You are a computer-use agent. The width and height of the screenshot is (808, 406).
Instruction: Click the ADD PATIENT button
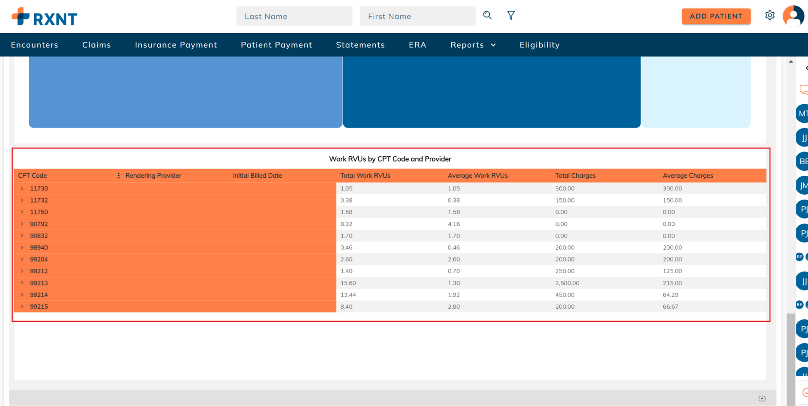(x=716, y=16)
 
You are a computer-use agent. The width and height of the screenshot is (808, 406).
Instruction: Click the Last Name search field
(x=294, y=16)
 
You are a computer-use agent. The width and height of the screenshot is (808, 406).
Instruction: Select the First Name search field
(x=417, y=16)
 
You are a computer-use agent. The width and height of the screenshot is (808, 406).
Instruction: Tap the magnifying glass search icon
(x=487, y=15)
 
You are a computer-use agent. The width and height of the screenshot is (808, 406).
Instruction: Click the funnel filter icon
(x=511, y=16)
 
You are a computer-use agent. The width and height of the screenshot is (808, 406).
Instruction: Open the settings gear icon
(x=770, y=16)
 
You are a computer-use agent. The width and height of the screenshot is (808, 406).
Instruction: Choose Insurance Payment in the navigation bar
(x=176, y=45)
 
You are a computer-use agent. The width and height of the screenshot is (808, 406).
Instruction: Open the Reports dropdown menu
(x=473, y=45)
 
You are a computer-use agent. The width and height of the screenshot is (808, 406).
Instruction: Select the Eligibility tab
(x=539, y=45)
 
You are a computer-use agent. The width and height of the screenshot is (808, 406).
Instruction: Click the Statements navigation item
(x=360, y=45)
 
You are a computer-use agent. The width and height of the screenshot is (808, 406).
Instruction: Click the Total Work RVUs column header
(x=365, y=176)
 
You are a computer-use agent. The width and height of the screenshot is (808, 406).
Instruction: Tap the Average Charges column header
(x=688, y=176)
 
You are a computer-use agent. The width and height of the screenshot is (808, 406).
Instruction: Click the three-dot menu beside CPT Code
(x=119, y=176)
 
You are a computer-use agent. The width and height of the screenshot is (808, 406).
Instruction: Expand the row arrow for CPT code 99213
(x=22, y=283)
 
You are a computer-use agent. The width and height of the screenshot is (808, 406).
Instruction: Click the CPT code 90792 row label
(x=39, y=224)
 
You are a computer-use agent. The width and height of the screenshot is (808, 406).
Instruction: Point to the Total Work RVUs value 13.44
(x=348, y=295)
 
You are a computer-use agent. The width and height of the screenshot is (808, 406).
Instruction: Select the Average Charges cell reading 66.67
(x=670, y=307)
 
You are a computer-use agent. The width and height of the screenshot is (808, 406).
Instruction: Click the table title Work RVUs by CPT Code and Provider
(x=390, y=159)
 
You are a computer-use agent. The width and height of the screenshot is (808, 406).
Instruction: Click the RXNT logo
(x=44, y=17)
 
